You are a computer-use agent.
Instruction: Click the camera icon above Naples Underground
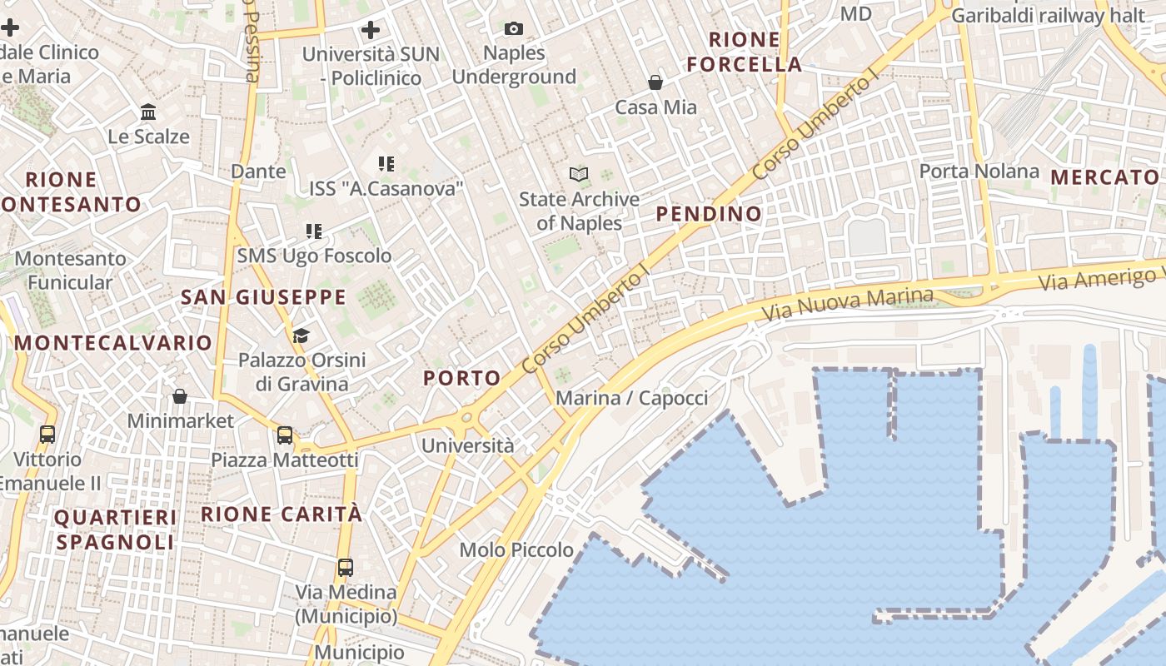click(514, 29)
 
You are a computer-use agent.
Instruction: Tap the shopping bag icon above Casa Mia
click(655, 82)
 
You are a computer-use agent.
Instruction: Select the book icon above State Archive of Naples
click(579, 174)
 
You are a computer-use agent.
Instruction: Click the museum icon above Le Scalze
click(148, 112)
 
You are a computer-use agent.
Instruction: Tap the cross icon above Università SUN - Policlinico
click(371, 30)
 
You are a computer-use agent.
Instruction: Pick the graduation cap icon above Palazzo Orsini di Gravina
click(301, 335)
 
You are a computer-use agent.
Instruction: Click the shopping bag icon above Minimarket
click(180, 396)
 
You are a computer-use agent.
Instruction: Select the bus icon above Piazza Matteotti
click(285, 435)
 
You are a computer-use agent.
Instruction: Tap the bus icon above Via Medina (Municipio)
click(346, 568)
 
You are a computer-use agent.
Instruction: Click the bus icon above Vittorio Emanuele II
click(47, 434)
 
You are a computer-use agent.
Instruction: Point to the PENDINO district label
click(709, 214)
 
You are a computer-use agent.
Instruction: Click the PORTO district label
click(462, 378)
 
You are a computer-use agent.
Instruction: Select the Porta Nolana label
click(979, 171)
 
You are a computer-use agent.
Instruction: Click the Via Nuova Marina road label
click(848, 306)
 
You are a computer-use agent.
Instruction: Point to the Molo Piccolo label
click(516, 549)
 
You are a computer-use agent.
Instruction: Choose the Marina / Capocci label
click(631, 398)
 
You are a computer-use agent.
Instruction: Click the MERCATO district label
click(1104, 177)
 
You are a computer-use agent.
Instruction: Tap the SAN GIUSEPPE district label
click(263, 297)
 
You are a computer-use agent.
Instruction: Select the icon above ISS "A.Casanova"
click(386, 164)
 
